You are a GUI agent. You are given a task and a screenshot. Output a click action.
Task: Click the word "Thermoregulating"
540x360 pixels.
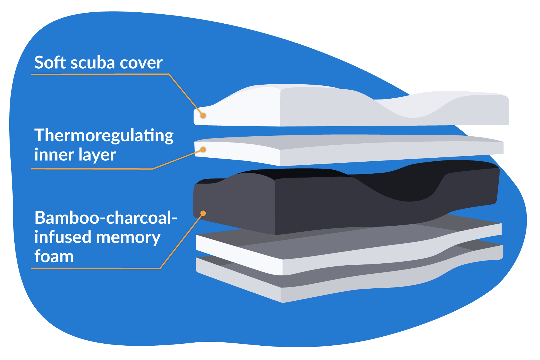104,136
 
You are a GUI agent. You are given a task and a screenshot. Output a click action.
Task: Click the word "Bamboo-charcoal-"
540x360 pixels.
106,218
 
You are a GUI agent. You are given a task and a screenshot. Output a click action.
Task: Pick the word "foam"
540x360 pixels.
54,256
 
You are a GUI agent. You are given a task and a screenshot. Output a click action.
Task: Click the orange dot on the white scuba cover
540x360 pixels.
203,116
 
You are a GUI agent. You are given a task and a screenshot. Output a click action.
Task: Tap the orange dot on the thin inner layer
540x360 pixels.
203,150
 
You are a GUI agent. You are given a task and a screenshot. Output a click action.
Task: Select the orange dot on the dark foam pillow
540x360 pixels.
203,213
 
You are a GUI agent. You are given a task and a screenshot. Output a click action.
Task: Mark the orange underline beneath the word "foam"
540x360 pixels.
96,268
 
